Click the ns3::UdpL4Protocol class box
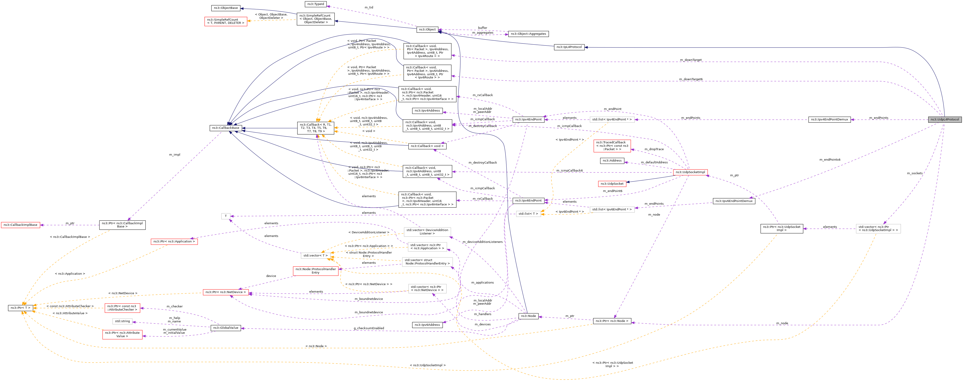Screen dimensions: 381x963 (945, 120)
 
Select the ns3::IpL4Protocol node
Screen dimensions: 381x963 (569, 47)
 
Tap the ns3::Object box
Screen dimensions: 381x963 (427, 30)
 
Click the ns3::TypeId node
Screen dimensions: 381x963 (316, 4)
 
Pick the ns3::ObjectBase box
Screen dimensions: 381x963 (226, 8)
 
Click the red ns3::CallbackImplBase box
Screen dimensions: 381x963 (20, 225)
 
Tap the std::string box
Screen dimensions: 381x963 (122, 321)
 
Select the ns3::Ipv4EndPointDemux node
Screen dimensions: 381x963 (830, 120)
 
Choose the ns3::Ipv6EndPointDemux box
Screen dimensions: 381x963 (734, 201)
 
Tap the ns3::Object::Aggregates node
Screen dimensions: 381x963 (528, 34)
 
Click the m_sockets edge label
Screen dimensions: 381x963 (914, 173)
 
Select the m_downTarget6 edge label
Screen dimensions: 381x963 (691, 80)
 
